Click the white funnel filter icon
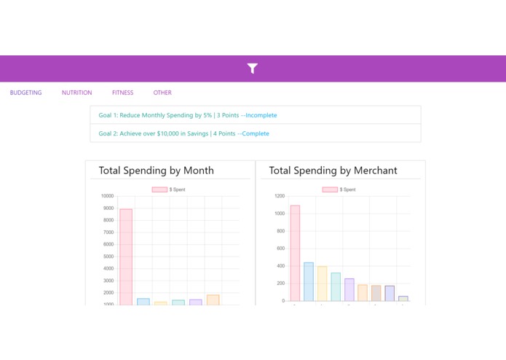[253, 69]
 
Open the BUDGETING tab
[26, 93]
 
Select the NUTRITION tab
[76, 93]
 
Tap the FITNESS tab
[122, 93]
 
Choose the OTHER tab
[162, 93]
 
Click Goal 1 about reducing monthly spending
[188, 115]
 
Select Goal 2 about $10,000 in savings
[183, 133]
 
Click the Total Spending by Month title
[157, 171]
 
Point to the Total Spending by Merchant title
[333, 171]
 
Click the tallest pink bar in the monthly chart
[126, 255]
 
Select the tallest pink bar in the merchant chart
[295, 252]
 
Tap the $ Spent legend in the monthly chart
[169, 189]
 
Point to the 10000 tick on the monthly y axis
[107, 196]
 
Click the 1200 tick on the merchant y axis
[280, 196]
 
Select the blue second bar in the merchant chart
[309, 281]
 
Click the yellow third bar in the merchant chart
[322, 283]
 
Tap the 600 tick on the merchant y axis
[280, 249]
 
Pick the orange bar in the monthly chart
[213, 300]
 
